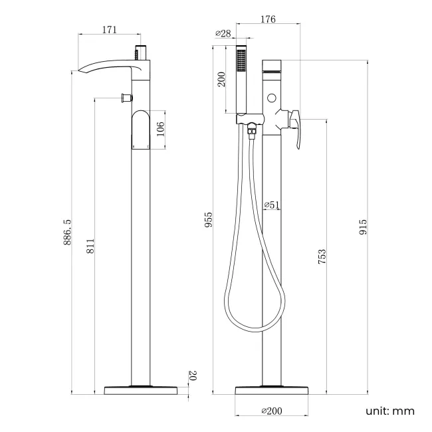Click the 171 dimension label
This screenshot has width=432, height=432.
pyautogui.click(x=110, y=29)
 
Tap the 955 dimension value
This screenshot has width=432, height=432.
pyautogui.click(x=208, y=220)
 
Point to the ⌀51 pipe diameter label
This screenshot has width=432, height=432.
pyautogui.click(x=271, y=205)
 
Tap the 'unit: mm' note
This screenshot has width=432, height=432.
pyautogui.click(x=390, y=411)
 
